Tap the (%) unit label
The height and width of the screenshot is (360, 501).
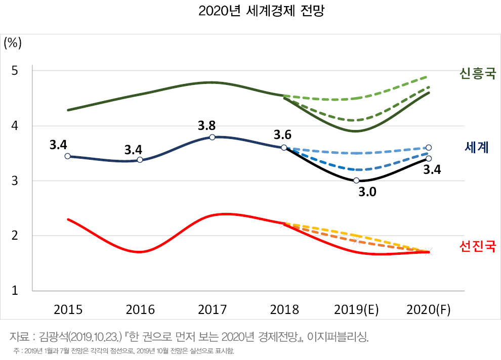click(x=13, y=42)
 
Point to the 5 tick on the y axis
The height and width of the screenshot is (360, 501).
click(x=15, y=70)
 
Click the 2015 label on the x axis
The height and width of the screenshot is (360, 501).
click(x=67, y=309)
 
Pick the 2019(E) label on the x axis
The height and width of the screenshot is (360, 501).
click(x=356, y=309)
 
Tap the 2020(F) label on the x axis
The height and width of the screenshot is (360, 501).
click(x=428, y=309)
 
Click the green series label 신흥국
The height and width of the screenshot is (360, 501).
click(x=477, y=74)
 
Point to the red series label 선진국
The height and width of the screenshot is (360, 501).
click(x=477, y=246)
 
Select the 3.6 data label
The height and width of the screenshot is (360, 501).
click(x=283, y=135)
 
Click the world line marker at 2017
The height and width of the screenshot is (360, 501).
click(x=212, y=137)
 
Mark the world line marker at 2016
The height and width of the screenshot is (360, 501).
click(x=140, y=160)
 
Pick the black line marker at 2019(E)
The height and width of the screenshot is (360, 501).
click(x=356, y=181)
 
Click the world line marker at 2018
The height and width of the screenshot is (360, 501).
click(x=284, y=148)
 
